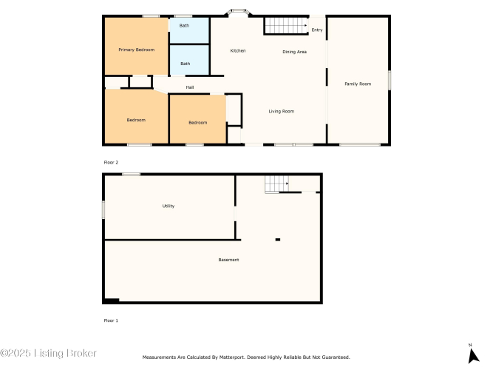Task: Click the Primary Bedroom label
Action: (x=137, y=50)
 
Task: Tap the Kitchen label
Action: (x=238, y=51)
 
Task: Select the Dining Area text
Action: (x=295, y=52)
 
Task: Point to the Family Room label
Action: (x=358, y=84)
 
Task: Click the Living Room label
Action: (x=282, y=111)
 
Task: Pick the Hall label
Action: (x=190, y=87)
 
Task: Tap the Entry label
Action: (x=317, y=30)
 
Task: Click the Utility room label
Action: (x=169, y=206)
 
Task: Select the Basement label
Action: (x=228, y=260)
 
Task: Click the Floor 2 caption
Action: (x=111, y=163)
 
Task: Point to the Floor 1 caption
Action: (x=111, y=320)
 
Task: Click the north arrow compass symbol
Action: (x=473, y=355)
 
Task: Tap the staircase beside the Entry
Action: (x=286, y=25)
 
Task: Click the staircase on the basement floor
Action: (x=276, y=184)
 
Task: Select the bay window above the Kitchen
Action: (x=238, y=12)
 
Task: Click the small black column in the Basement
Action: (x=278, y=240)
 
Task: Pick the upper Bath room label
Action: (x=184, y=25)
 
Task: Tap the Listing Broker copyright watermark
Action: (x=49, y=353)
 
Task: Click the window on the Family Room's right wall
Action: (x=390, y=81)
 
